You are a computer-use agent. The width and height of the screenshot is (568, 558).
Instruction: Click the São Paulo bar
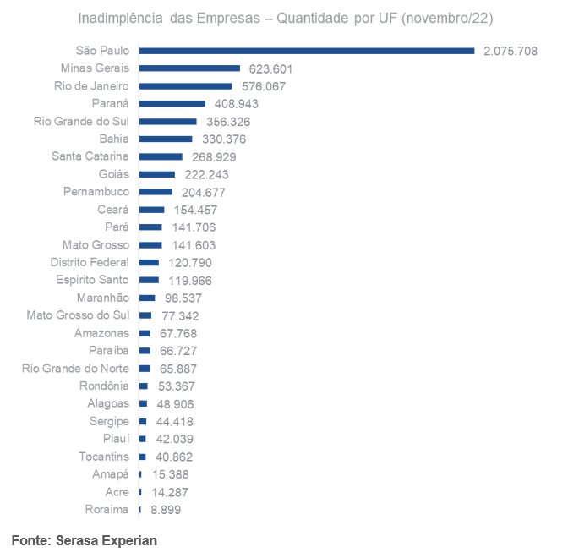coord(307,51)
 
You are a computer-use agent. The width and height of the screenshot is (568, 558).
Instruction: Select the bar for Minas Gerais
coord(189,68)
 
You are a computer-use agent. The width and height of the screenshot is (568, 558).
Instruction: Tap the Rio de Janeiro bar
coord(185,86)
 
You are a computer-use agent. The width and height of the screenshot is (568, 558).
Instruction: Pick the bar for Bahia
coord(166,139)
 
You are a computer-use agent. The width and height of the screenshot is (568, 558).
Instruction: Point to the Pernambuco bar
coord(156,192)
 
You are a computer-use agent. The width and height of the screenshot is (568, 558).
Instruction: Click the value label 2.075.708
coord(511,51)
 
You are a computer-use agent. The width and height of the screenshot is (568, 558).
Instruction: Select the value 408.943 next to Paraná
coord(235,104)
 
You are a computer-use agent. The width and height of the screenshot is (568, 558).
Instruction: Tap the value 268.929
coord(213,157)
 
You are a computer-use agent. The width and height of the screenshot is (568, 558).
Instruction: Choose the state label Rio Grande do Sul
coord(81,121)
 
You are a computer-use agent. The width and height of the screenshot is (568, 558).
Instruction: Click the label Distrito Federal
coord(90,262)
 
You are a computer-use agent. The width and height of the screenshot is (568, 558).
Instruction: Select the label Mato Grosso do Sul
coord(78,315)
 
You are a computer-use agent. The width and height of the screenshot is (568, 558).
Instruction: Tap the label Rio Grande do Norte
coord(75,369)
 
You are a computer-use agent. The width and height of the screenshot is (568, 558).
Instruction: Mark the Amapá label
coord(111,474)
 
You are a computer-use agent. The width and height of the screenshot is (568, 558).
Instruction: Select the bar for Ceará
coord(151,210)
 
